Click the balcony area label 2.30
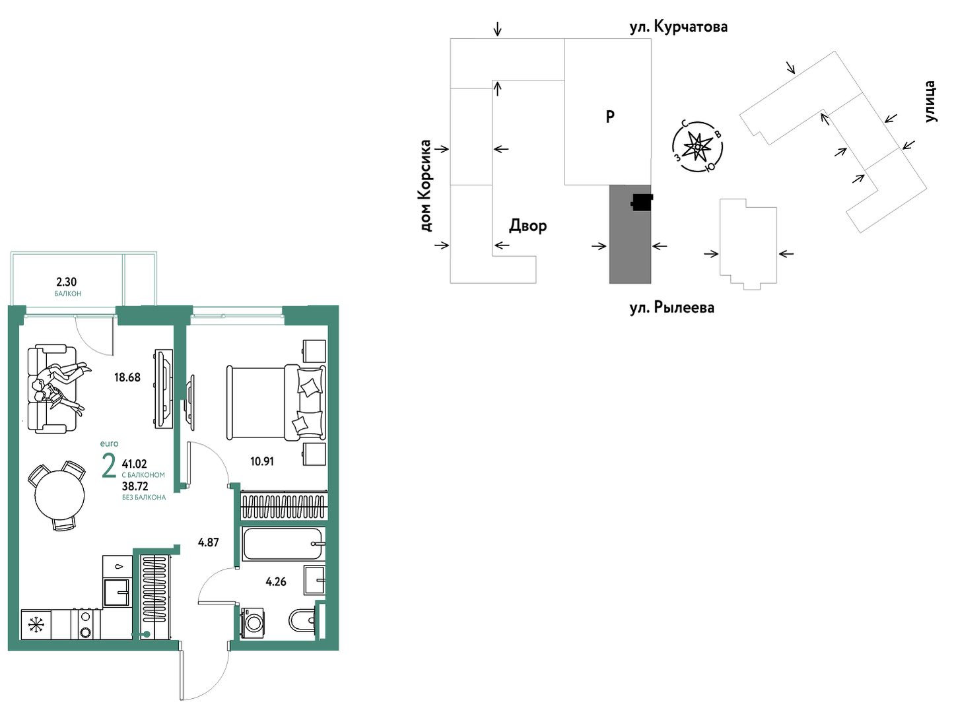(x=67, y=282)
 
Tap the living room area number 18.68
(x=127, y=377)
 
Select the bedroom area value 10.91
(x=262, y=462)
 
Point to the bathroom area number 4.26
(x=276, y=582)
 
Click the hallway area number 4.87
(x=208, y=542)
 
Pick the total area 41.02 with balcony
(x=135, y=464)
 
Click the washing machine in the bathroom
(x=253, y=623)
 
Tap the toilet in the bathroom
(x=303, y=620)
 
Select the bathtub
(x=283, y=544)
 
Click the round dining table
(x=59, y=495)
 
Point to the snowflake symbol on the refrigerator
(x=34, y=625)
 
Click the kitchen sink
(x=118, y=593)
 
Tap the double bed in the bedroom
(x=276, y=403)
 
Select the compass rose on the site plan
(x=697, y=147)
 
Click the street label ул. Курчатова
(x=679, y=26)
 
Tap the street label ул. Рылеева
(x=672, y=307)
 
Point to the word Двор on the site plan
(x=528, y=226)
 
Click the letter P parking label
(x=610, y=116)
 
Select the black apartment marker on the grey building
(x=642, y=202)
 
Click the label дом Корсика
(x=426, y=186)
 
